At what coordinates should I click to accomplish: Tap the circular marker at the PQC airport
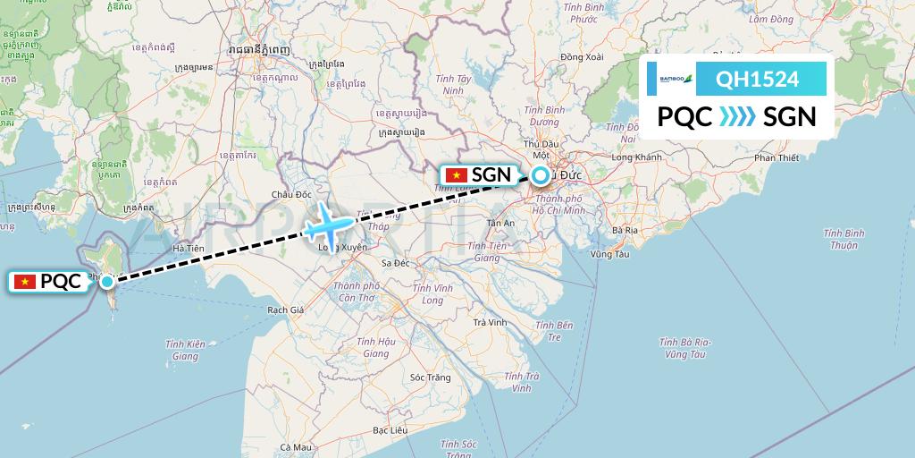tap(107, 282)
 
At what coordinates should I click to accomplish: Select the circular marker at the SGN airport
tap(541, 176)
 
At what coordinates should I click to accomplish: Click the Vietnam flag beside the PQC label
tap(25, 282)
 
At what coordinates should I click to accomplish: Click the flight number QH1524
tap(757, 80)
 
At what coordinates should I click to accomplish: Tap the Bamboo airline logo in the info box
tap(676, 80)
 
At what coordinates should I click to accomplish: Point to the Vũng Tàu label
tap(610, 254)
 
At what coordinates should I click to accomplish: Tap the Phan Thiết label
tap(776, 158)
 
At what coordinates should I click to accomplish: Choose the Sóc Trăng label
tap(429, 377)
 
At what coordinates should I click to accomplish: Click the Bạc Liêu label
tap(390, 430)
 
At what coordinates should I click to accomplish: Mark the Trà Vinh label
tap(491, 322)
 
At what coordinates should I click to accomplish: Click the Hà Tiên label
tap(189, 248)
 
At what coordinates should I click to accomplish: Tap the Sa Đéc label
tap(395, 263)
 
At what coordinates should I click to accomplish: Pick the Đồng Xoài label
tap(582, 57)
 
